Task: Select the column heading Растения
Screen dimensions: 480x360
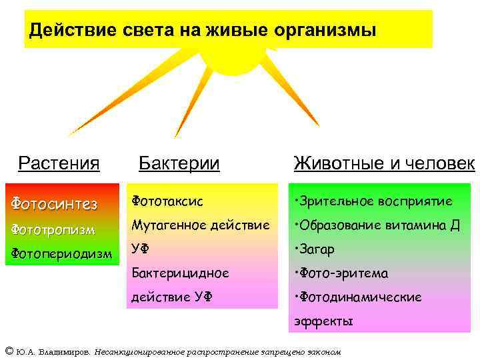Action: [x=59, y=163]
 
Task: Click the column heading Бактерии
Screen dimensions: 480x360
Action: [x=179, y=163]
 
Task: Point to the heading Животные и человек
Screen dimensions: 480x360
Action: [x=384, y=163]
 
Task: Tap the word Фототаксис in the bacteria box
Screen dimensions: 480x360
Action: [x=167, y=200]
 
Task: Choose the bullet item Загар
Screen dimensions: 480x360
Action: [x=317, y=249]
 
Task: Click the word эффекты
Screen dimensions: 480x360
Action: [x=323, y=321]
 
